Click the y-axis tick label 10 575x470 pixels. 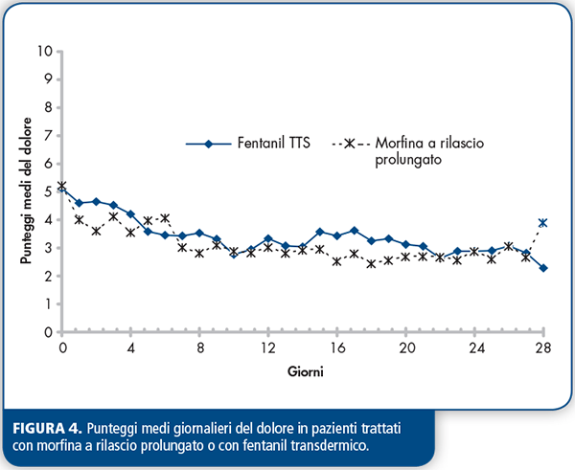pyautogui.click(x=45, y=51)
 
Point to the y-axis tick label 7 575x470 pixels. pyautogui.click(x=49, y=136)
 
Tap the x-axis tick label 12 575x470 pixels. pyautogui.click(x=268, y=347)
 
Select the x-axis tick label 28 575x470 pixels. pyautogui.click(x=543, y=347)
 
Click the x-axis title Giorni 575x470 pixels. pyautogui.click(x=306, y=371)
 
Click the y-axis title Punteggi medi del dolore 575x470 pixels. pyautogui.click(x=26, y=190)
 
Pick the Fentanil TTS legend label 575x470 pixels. pyautogui.click(x=273, y=143)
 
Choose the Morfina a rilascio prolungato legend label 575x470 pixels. pyautogui.click(x=429, y=151)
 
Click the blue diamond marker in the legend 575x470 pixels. pyautogui.click(x=208, y=144)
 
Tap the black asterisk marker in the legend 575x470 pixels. pyautogui.click(x=350, y=144)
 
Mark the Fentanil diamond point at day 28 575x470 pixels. pyautogui.click(x=543, y=268)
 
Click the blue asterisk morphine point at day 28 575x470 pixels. pyautogui.click(x=543, y=223)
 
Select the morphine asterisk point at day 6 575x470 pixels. pyautogui.click(x=165, y=218)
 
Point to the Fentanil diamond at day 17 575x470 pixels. pyautogui.click(x=355, y=231)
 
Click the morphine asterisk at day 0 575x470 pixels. pyautogui.click(x=62, y=186)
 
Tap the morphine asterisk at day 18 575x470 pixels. pyautogui.click(x=371, y=264)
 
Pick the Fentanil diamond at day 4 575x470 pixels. pyautogui.click(x=130, y=213)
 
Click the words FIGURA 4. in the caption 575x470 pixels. pyautogui.click(x=47, y=429)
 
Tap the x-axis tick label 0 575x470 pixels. pyautogui.click(x=62, y=347)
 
